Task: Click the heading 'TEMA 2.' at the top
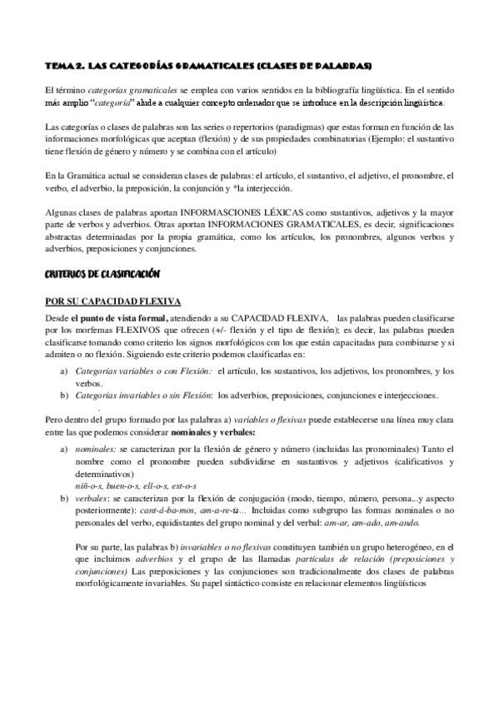click(64, 65)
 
